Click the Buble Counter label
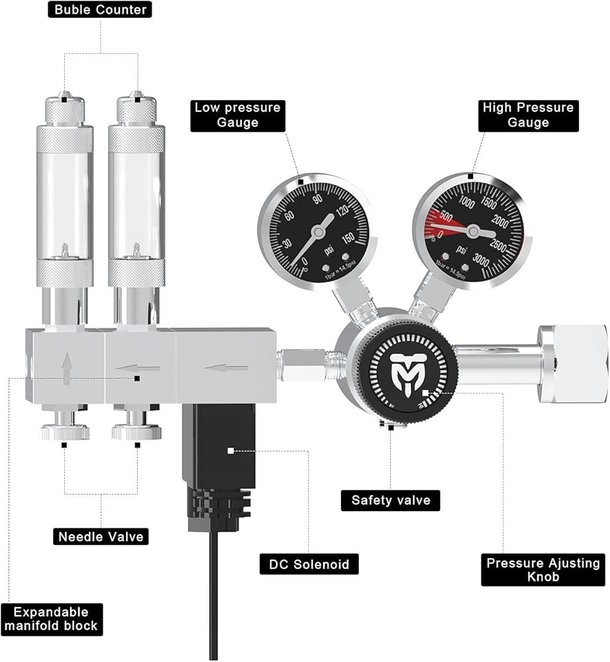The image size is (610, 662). click(x=101, y=10)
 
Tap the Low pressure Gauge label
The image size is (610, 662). click(x=237, y=115)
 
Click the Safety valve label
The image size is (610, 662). click(x=390, y=500)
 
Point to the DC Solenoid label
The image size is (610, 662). click(x=309, y=565)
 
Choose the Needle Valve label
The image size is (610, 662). click(x=101, y=536)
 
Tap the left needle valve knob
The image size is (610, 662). click(x=65, y=432)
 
